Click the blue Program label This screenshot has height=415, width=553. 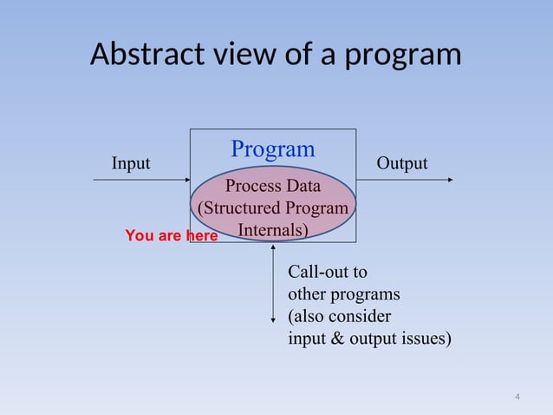272,148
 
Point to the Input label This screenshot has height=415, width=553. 130,163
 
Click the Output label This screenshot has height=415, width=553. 401,163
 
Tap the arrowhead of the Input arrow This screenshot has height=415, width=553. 185,180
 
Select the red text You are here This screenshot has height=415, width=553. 171,235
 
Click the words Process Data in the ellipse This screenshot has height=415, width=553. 272,186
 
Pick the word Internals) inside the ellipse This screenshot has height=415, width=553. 273,231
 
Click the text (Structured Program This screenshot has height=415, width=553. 274,208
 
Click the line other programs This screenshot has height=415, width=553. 343,293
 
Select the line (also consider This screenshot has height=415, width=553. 339,315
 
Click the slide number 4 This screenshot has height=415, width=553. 517,398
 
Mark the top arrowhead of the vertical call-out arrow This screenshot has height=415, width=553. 274,247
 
